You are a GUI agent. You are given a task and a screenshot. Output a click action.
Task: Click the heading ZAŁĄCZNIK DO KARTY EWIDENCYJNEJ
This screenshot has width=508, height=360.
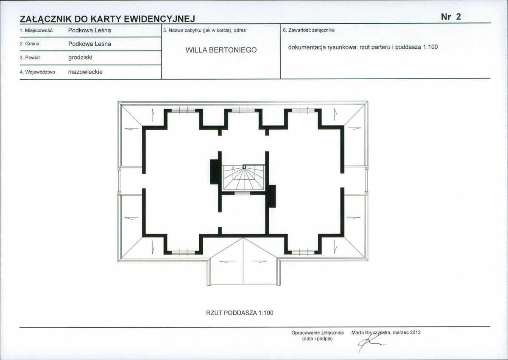tap(107, 19)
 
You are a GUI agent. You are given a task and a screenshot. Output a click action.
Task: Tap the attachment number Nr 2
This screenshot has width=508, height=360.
tap(451, 17)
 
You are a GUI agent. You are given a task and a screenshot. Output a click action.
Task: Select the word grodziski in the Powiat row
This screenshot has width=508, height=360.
tap(80, 57)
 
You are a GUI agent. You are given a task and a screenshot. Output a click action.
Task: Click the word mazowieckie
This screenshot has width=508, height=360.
tap(85, 72)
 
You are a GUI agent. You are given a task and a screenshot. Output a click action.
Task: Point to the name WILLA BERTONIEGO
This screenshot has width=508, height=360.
tap(221, 50)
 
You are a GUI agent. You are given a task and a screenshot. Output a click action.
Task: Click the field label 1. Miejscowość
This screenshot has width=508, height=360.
tap(36, 31)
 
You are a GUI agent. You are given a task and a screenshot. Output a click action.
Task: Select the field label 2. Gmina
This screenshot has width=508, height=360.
tap(30, 44)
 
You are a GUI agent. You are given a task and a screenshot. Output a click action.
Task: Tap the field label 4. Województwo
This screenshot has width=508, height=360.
tap(37, 72)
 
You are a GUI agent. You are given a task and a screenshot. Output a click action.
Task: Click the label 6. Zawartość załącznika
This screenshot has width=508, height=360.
tap(309, 30)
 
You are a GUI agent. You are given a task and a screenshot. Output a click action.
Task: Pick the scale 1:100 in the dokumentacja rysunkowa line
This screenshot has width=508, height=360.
tap(430, 47)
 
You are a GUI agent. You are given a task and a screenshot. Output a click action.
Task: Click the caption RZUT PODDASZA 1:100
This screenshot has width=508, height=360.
tap(240, 313)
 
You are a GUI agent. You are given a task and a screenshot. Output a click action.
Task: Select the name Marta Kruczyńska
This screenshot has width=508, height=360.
tap(371, 332)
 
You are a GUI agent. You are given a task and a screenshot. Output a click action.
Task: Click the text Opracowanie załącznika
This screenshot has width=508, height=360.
tap(318, 332)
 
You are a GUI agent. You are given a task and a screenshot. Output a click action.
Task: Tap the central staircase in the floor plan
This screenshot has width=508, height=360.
tap(244, 177)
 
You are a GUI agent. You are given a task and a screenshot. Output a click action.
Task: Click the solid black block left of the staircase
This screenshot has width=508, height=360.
tap(214, 172)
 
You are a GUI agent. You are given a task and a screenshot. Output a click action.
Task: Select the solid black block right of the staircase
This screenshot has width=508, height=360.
tap(271, 196)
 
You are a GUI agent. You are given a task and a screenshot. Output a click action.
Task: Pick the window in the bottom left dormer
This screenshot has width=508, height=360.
tap(183, 252)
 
